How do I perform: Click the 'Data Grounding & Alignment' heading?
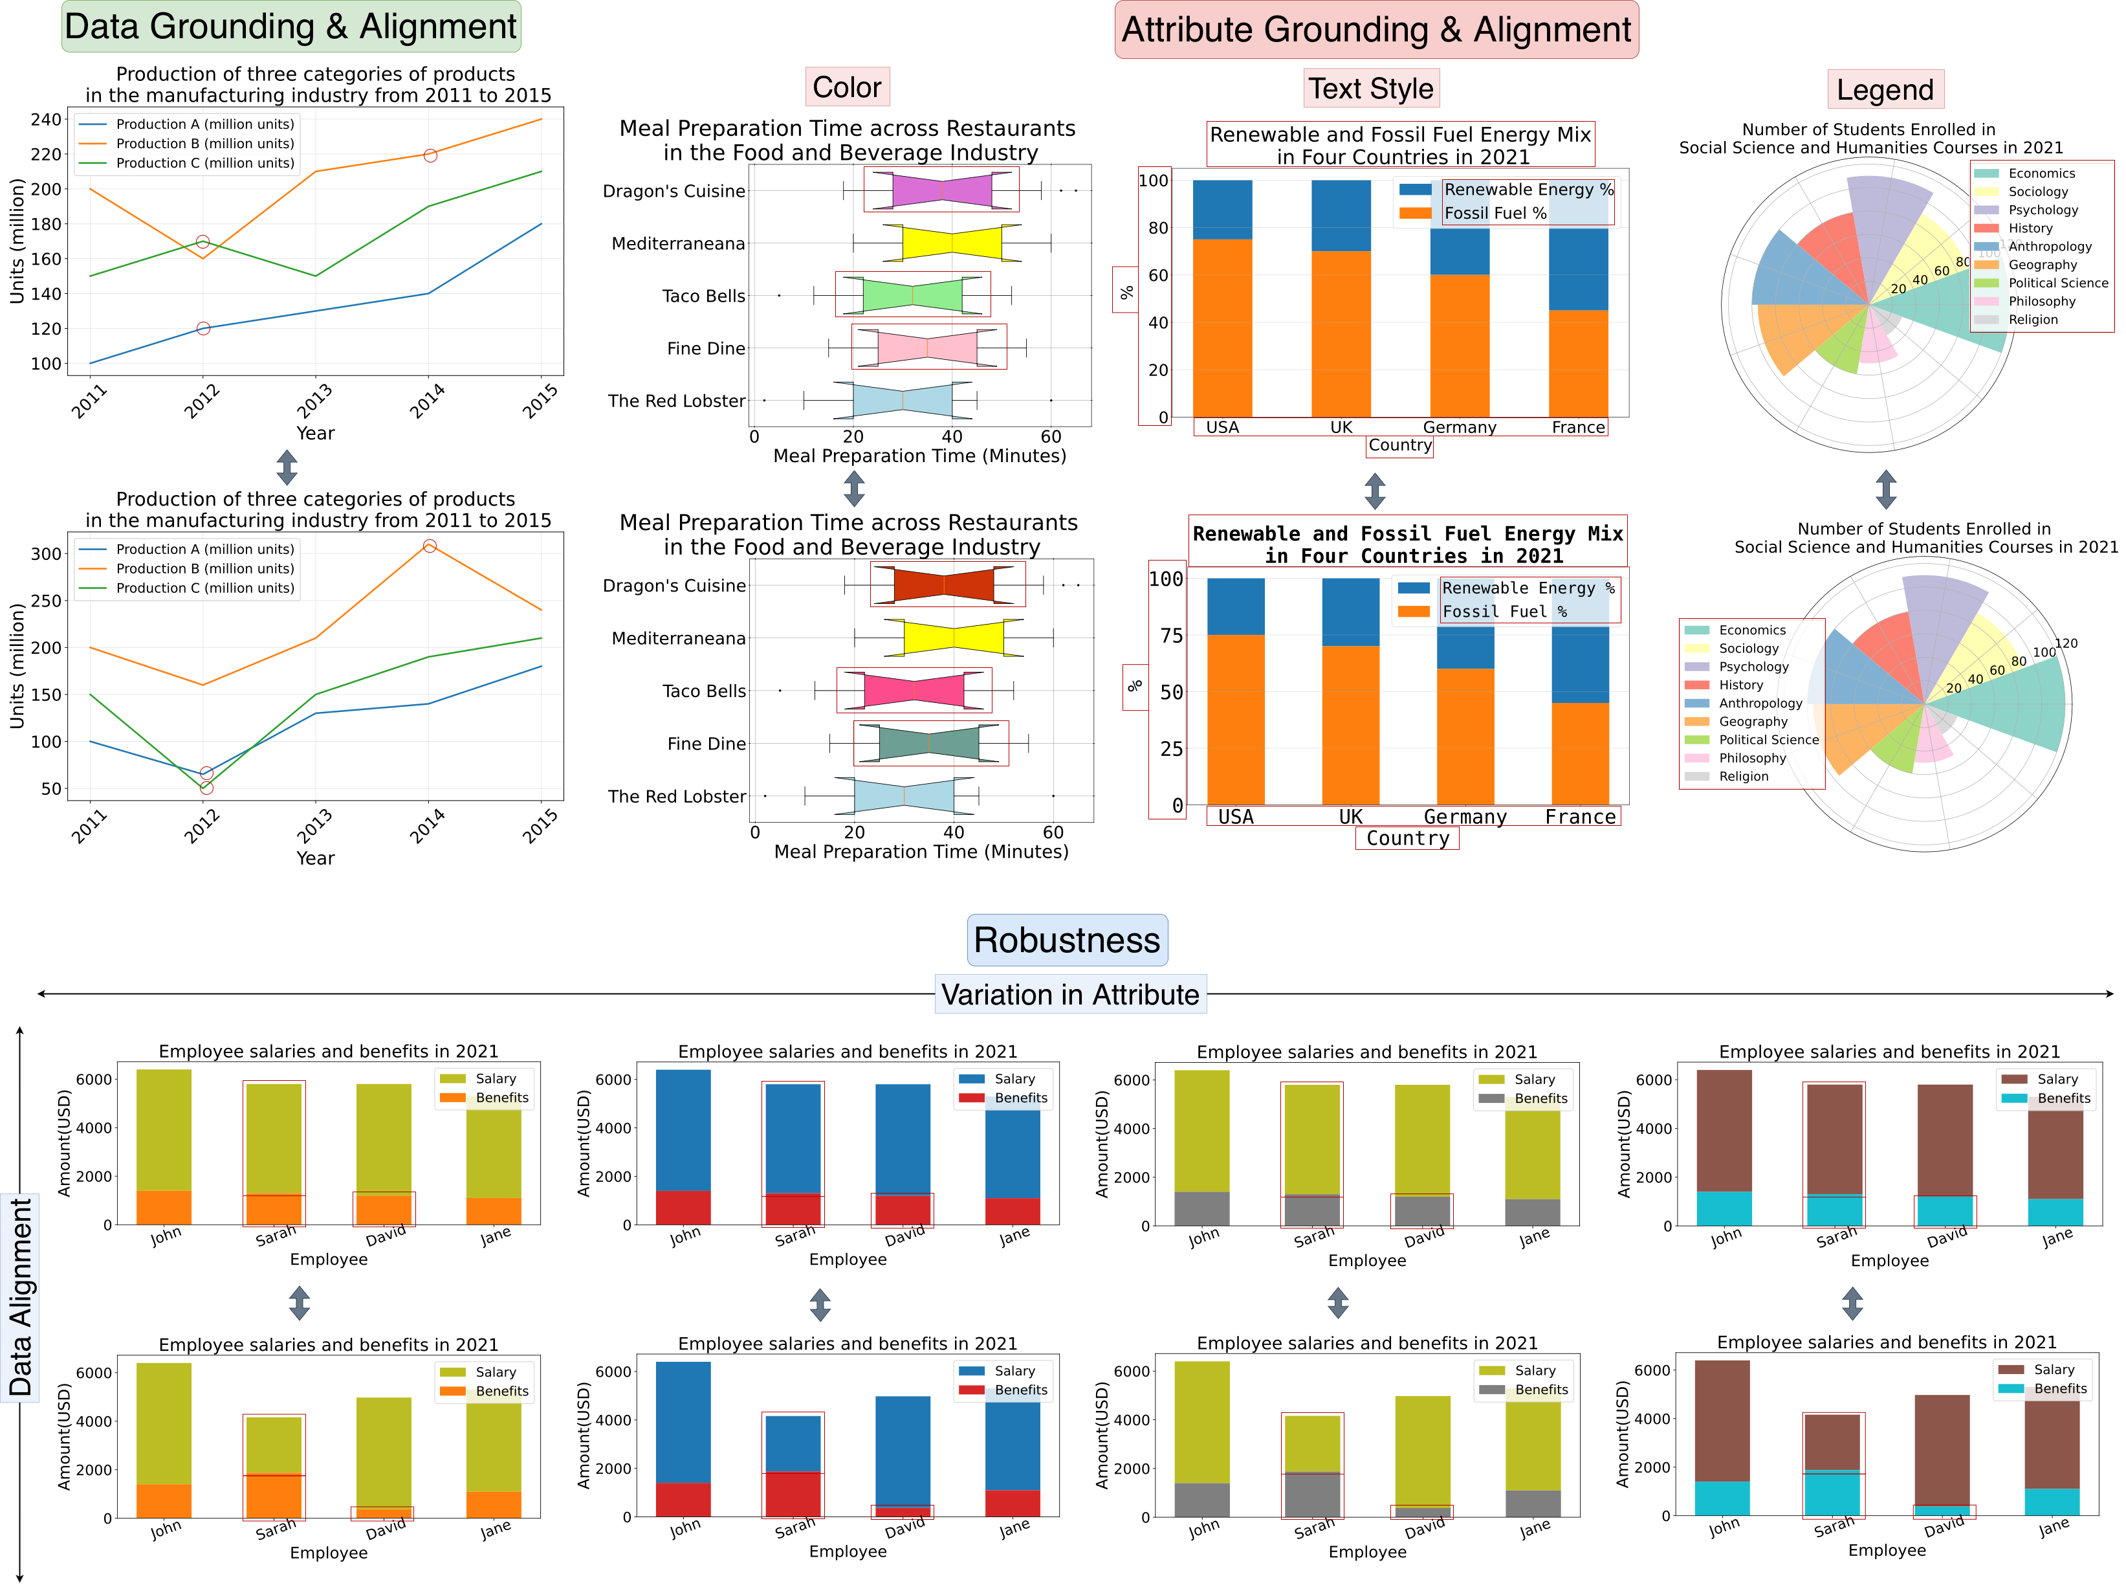(290, 27)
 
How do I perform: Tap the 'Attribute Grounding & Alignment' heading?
(1375, 30)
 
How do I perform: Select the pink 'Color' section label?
(847, 87)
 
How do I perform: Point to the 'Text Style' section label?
(1370, 89)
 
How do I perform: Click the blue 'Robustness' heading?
(1067, 939)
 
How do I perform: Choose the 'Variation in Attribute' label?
(1069, 994)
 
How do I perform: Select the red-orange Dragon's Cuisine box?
(944, 584)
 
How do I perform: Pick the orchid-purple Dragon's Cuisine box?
(942, 190)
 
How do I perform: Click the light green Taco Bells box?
(912, 295)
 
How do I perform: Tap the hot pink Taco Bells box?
(914, 690)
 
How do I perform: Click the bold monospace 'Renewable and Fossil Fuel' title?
(1407, 544)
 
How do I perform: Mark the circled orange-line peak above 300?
(430, 546)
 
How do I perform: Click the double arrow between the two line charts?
(287, 467)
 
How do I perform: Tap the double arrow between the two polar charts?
(1886, 488)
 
